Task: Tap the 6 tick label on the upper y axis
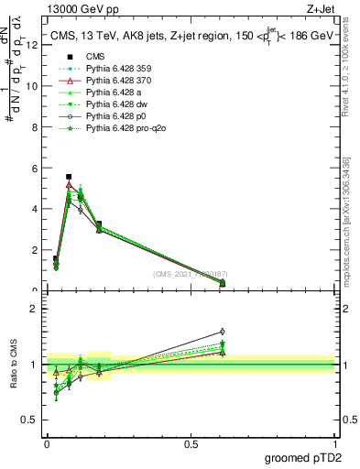(x=34, y=169)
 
